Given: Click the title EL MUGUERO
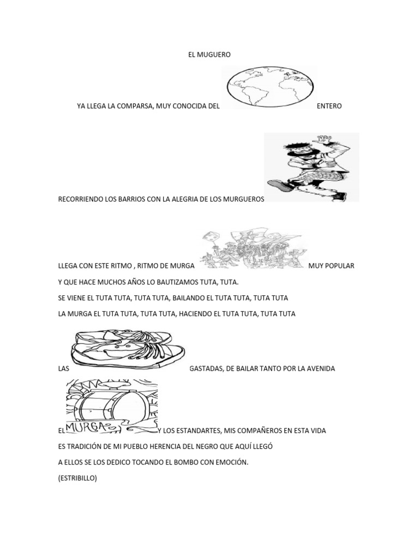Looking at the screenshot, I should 209,55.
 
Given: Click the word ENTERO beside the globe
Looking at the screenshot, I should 329,106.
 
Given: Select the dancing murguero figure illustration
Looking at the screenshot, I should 311,166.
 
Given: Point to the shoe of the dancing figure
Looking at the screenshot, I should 279,186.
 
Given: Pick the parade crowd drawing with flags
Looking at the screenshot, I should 253,249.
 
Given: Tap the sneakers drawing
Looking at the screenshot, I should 129,349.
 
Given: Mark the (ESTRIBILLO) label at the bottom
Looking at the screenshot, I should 77,478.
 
